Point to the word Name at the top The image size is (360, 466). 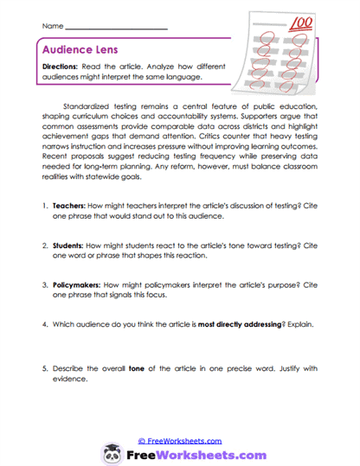click(x=49, y=27)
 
